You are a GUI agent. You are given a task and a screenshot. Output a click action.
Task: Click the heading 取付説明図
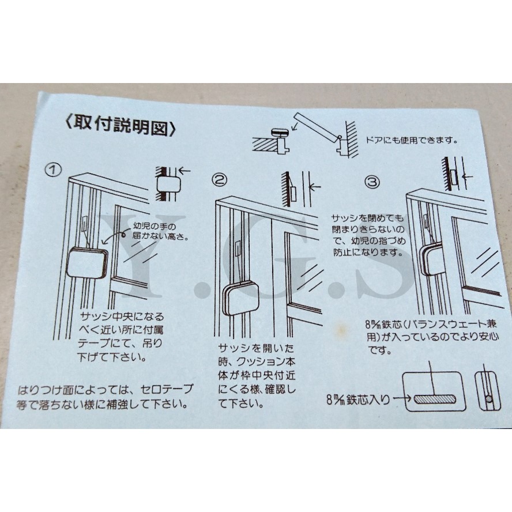click(x=119, y=125)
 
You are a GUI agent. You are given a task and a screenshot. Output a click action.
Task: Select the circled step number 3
click(x=372, y=182)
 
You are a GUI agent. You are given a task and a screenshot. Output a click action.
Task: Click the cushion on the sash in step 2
click(x=240, y=300)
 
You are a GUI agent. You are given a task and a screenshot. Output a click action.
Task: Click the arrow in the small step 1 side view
click(x=186, y=171)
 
